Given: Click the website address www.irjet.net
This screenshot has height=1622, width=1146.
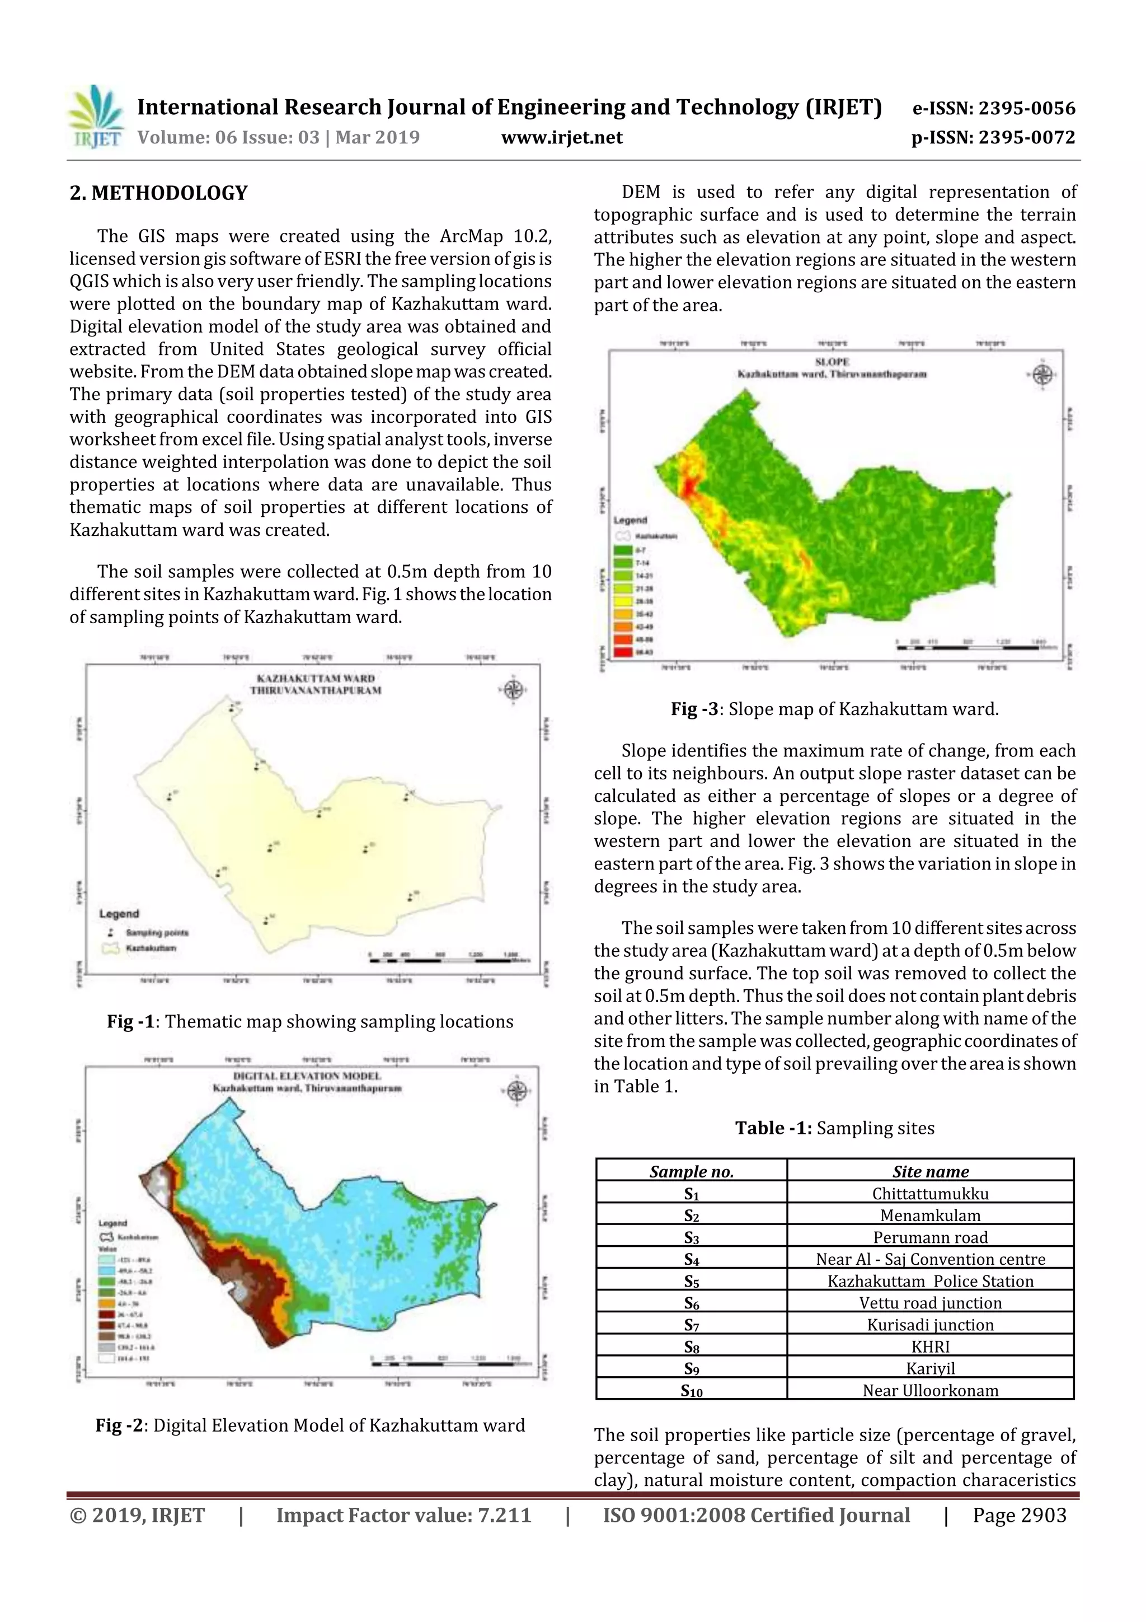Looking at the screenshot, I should tap(561, 138).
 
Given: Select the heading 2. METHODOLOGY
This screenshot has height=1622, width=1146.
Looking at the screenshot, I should tap(158, 193).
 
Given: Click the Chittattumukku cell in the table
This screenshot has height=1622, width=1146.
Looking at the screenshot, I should tap(929, 1193).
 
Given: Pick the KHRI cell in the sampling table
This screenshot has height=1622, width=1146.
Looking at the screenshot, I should tap(929, 1346).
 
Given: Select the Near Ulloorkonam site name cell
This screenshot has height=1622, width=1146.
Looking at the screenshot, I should tap(929, 1390).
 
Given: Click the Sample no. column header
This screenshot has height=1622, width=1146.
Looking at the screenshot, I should tap(691, 1171).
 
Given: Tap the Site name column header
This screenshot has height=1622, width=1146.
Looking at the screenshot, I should tap(929, 1171).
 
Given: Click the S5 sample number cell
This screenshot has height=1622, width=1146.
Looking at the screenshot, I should tap(691, 1281).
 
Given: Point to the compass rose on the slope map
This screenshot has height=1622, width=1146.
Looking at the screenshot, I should tap(1042, 375).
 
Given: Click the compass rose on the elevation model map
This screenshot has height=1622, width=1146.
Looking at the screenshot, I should tap(517, 1091).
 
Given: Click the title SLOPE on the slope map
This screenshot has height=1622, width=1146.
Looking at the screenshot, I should tap(832, 362).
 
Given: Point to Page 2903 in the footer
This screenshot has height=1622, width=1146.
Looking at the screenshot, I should tap(1019, 1515).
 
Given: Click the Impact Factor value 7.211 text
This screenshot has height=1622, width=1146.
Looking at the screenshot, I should tap(403, 1515).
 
